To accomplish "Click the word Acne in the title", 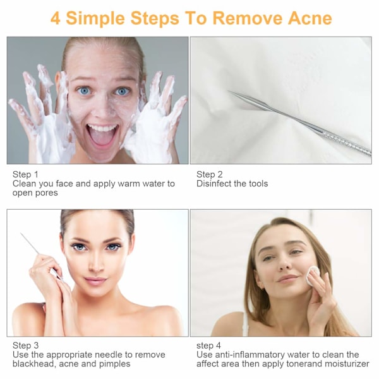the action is pyautogui.click(x=310, y=18).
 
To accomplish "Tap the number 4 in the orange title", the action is pyautogui.click(x=56, y=18).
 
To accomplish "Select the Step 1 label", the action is pyautogui.click(x=25, y=174).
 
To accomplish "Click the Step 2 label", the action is pyautogui.click(x=209, y=174).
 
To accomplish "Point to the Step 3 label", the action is pyautogui.click(x=25, y=345).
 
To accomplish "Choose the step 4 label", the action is pyautogui.click(x=208, y=346).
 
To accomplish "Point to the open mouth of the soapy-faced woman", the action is pyautogui.click(x=102, y=135).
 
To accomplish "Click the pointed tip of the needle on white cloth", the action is pyautogui.click(x=229, y=91).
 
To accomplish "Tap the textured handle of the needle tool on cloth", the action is pyautogui.click(x=347, y=143).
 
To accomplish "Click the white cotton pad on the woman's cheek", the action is pyautogui.click(x=313, y=275).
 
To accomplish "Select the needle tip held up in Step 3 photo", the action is pyautogui.click(x=21, y=234).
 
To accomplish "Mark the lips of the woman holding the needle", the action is pyautogui.click(x=95, y=280).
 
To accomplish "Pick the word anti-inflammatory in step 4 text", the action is pyautogui.click(x=250, y=354).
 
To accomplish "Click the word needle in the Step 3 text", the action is pyautogui.click(x=109, y=354).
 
